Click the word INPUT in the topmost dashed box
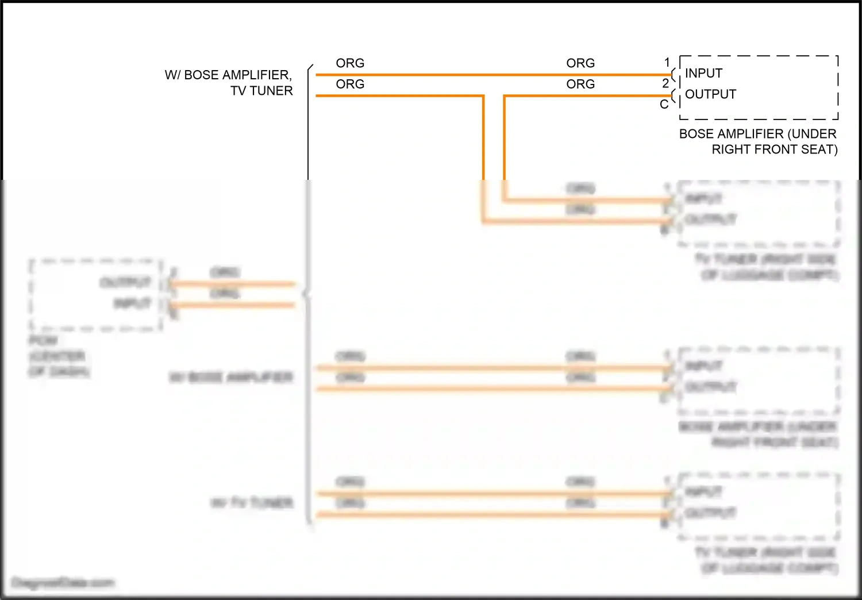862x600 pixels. (x=703, y=74)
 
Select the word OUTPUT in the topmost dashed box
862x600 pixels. (x=710, y=94)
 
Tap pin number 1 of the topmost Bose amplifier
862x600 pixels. (x=667, y=62)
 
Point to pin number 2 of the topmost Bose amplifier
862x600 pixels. (x=665, y=83)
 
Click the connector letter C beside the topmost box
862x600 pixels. (x=664, y=105)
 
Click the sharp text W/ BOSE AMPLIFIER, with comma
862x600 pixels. (x=228, y=75)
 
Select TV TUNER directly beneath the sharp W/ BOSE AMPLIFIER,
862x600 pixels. (x=261, y=91)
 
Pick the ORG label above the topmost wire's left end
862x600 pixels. (x=350, y=63)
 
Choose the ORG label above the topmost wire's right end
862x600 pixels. (x=580, y=63)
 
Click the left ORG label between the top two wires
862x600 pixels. (x=350, y=84)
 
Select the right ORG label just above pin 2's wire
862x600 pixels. (x=580, y=84)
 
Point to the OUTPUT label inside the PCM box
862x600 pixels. (x=125, y=282)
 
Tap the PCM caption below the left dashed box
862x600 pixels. (x=43, y=341)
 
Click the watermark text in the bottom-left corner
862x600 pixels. (x=63, y=583)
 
